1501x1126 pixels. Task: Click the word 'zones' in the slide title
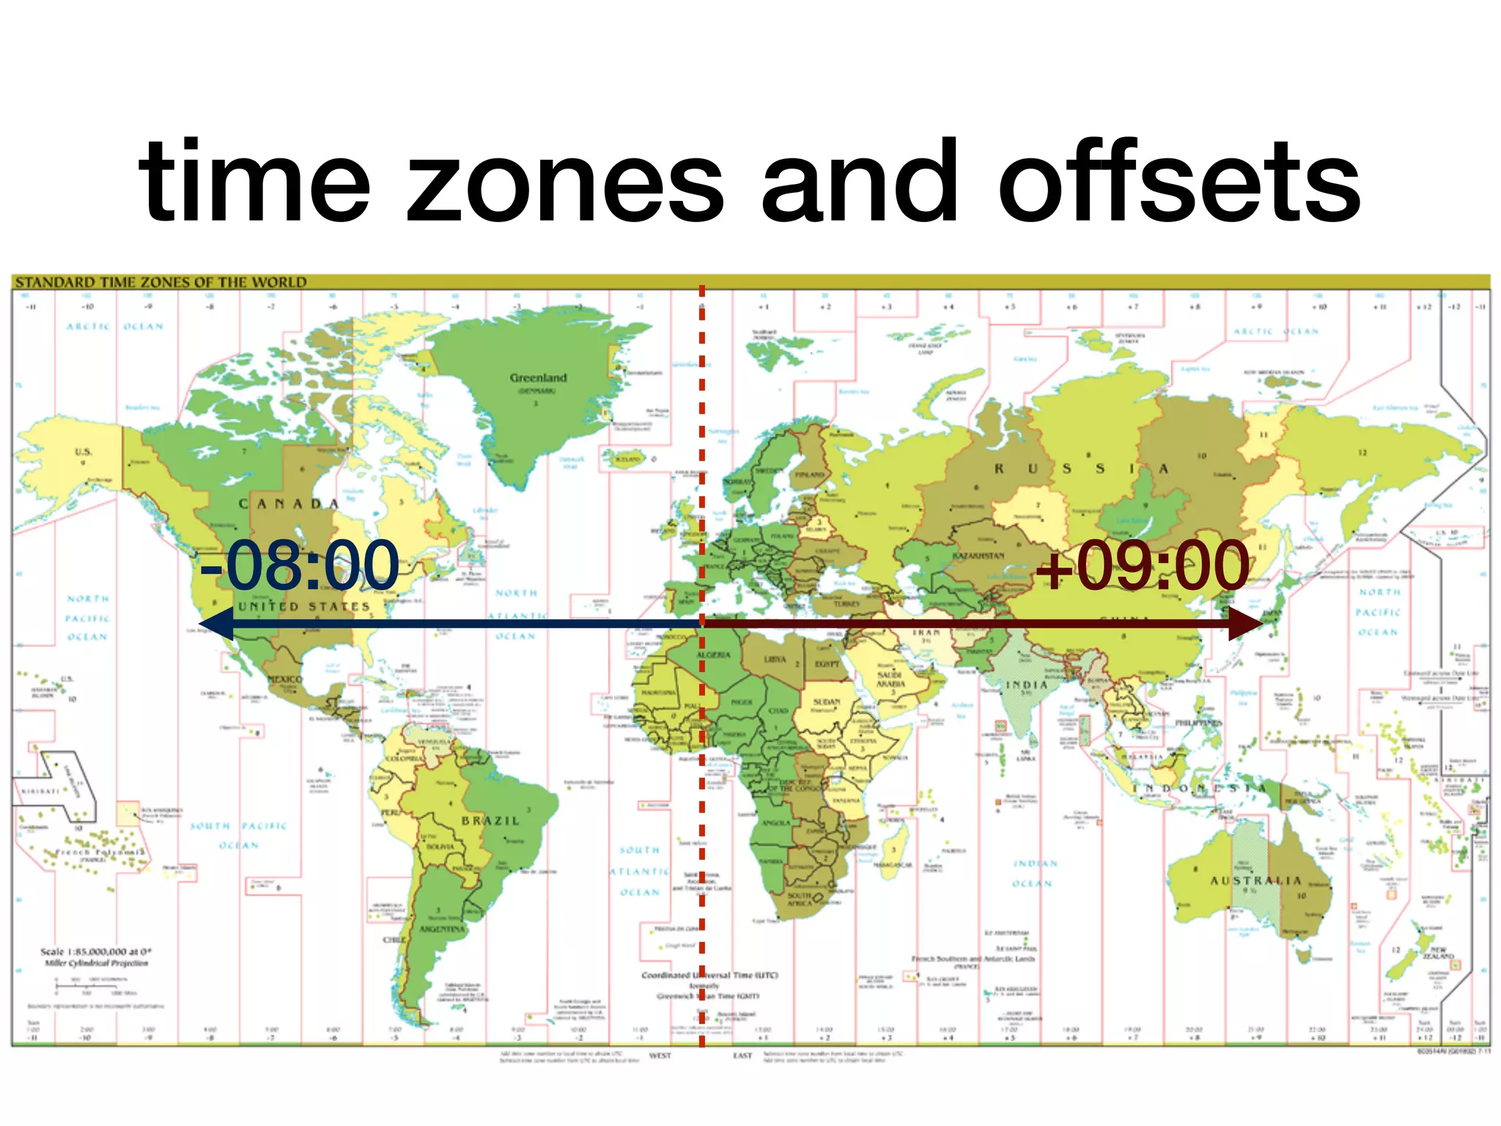(564, 183)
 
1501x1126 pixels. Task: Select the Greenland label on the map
(538, 378)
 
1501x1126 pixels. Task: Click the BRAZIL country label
(490, 820)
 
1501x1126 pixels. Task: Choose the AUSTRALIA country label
(1255, 880)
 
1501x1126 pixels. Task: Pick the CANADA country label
(289, 504)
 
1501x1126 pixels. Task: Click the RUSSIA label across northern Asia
(1081, 468)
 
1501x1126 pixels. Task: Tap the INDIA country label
(1026, 685)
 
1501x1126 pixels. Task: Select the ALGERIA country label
(713, 655)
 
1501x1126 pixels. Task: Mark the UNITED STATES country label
(304, 607)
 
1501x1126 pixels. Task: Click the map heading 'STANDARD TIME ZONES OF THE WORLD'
(161, 282)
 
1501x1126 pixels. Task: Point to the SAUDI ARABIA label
(891, 679)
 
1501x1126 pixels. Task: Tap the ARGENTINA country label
(442, 929)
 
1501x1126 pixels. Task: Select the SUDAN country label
(826, 702)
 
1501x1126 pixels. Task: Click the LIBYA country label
(775, 659)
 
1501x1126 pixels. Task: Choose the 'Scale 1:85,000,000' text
(96, 952)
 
